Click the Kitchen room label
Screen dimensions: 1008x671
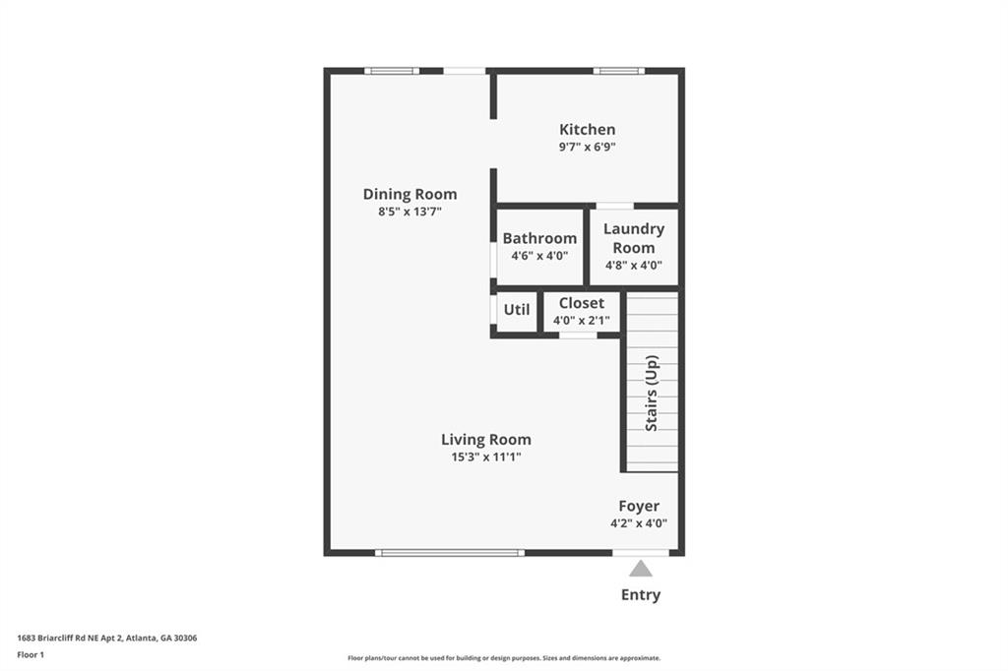587,129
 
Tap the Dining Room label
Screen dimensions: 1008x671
410,194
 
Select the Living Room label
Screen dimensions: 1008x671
486,440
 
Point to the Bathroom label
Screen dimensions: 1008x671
539,238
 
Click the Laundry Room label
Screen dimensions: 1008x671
634,238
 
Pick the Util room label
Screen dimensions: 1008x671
517,310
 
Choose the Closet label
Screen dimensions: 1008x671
581,303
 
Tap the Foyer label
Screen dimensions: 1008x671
639,506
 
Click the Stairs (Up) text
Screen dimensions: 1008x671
652,393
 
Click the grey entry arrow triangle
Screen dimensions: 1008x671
640,569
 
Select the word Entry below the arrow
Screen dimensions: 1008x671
640,595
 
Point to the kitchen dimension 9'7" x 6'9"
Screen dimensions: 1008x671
587,147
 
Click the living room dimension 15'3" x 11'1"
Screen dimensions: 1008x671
486,457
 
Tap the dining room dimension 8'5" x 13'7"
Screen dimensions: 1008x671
410,212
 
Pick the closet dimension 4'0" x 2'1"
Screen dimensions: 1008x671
581,320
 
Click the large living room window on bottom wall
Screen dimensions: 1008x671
450,553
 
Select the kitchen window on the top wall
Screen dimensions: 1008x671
618,71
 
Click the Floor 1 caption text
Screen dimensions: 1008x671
31,655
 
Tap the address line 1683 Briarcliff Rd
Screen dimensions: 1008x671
106,639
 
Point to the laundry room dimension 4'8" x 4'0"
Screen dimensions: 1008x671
634,265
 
